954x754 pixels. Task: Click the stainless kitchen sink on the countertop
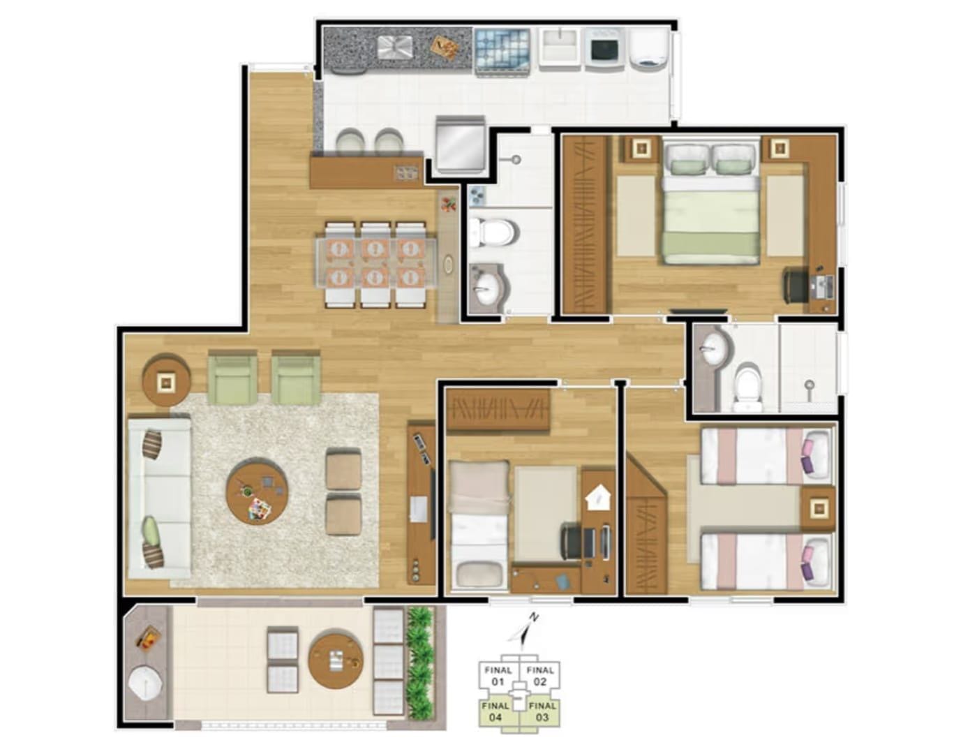click(x=395, y=47)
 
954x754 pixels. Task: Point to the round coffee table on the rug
click(x=257, y=491)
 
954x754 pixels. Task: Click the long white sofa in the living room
click(x=159, y=497)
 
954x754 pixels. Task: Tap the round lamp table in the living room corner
click(x=166, y=381)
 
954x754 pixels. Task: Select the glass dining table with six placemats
click(x=375, y=263)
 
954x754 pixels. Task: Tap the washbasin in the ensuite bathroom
click(x=714, y=348)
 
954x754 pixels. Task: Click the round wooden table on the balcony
click(x=336, y=659)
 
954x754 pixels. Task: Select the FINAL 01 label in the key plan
click(x=497, y=675)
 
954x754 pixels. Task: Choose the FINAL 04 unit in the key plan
click(x=496, y=711)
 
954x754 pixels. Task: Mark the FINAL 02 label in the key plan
click(x=541, y=675)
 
